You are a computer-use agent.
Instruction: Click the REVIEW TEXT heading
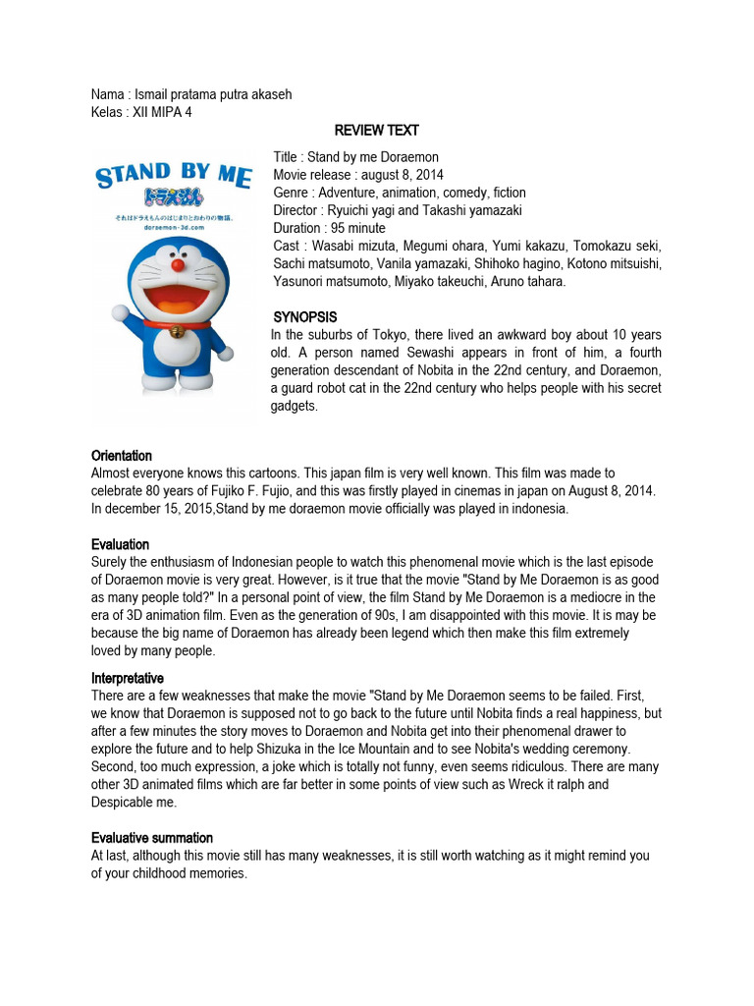[376, 130]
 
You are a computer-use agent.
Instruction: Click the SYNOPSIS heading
[305, 317]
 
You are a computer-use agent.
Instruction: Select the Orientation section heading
[122, 456]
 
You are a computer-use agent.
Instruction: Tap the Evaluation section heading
[120, 544]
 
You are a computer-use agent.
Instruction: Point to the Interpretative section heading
[128, 679]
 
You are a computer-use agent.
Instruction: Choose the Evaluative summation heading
[152, 838]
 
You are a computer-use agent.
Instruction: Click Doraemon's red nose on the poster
[178, 264]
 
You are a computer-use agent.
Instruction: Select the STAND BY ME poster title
[173, 177]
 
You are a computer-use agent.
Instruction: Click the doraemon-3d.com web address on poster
[173, 226]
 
